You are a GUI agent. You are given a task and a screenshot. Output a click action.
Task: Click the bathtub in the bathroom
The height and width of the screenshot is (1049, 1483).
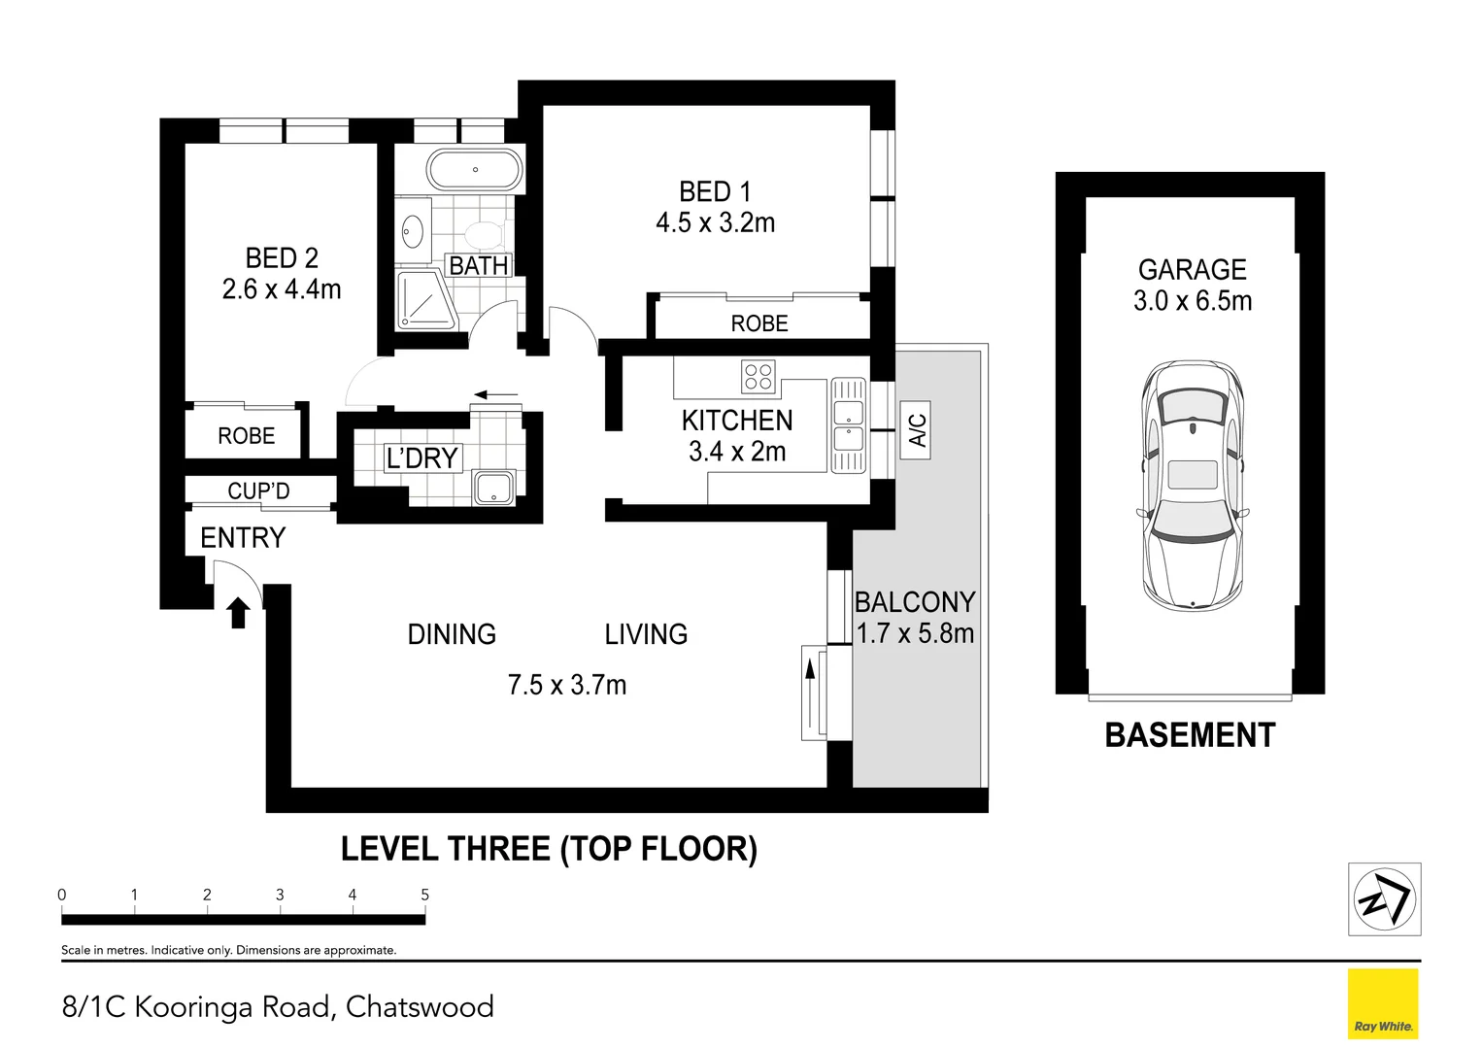point(475,170)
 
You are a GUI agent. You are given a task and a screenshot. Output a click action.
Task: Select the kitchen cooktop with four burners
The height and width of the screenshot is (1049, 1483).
point(758,377)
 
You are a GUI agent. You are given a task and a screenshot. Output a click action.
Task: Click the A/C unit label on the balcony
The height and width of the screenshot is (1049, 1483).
point(916,429)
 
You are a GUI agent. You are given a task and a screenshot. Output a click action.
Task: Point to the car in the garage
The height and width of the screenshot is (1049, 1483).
point(1193,486)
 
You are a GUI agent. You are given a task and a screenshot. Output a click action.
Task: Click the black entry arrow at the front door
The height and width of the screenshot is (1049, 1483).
point(238,612)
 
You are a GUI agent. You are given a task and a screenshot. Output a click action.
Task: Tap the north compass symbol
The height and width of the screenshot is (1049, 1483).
point(1384,898)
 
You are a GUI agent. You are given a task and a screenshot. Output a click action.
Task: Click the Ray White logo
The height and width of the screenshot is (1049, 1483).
point(1383,1004)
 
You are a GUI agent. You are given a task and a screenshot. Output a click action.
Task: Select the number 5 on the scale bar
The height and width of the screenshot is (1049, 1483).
point(425,895)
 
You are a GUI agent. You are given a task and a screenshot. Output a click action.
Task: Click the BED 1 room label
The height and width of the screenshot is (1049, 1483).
point(715,192)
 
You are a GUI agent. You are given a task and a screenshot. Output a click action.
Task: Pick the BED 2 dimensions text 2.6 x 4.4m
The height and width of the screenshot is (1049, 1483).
point(282,289)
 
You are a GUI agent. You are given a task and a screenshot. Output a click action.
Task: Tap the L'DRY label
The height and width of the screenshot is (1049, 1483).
point(422,457)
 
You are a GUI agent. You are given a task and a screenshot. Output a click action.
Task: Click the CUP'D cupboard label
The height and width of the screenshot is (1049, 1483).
point(258,491)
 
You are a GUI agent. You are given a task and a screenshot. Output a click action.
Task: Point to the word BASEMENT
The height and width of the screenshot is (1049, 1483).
point(1191,735)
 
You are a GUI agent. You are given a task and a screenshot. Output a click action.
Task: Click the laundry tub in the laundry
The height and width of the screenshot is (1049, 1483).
point(494,488)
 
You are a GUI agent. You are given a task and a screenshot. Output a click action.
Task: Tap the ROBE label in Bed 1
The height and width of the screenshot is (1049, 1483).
point(759,323)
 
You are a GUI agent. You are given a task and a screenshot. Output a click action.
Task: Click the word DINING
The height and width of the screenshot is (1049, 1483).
point(452,634)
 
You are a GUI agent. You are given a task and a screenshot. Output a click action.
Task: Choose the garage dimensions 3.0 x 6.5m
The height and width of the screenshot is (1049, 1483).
point(1193,301)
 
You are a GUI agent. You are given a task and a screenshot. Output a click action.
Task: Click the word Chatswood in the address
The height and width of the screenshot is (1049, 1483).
point(420,1006)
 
